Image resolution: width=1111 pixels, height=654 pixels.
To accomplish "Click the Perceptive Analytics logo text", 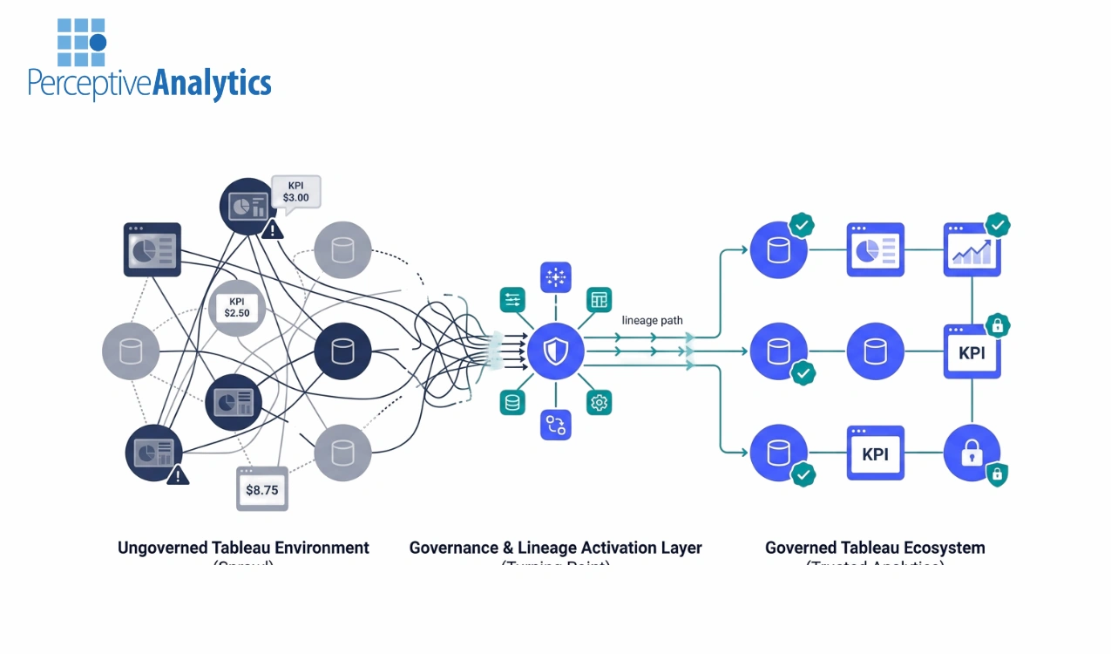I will (149, 83).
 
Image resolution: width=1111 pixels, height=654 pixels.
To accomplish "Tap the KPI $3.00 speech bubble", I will (296, 191).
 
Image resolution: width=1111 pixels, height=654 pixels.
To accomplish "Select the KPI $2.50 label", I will (237, 308).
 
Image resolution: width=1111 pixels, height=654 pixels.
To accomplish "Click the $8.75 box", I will (262, 489).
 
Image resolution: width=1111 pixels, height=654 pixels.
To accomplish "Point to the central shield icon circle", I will (555, 351).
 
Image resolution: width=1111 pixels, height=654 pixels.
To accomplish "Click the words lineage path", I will (652, 320).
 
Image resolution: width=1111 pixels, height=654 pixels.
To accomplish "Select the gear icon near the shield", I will (599, 402).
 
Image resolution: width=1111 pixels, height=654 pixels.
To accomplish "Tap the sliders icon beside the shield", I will (512, 299).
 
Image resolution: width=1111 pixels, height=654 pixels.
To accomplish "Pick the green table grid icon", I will (599, 299).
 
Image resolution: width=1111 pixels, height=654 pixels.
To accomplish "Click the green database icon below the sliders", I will (512, 402).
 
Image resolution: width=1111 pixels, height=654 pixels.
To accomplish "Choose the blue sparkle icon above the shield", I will (555, 276).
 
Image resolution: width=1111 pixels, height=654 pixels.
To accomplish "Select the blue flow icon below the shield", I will (555, 425).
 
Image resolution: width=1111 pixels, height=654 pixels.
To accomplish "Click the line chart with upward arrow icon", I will (972, 251).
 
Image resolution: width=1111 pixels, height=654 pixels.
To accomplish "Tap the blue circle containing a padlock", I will (972, 453).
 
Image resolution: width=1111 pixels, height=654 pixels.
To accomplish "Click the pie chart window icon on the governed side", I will (876, 251).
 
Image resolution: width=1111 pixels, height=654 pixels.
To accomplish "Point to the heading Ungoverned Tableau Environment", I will (243, 548).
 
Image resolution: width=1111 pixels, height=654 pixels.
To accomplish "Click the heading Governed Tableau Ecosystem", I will (875, 548).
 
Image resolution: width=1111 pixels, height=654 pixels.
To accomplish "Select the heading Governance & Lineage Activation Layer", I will (555, 548).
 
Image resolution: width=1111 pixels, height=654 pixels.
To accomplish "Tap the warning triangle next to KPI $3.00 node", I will (273, 228).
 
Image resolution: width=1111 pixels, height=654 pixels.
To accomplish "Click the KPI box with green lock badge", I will (972, 351).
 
